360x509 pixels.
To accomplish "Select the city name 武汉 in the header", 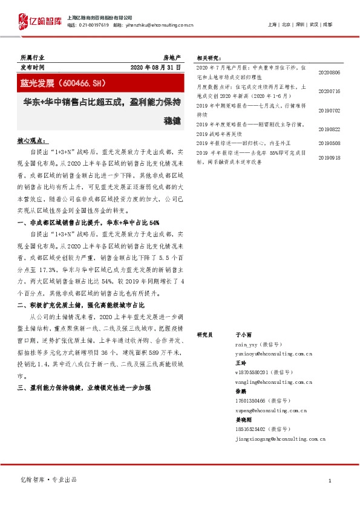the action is point(313,25).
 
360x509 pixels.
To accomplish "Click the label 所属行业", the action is point(32,57).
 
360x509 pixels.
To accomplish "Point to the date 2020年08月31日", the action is point(155,67).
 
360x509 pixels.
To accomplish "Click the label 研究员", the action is point(206,334).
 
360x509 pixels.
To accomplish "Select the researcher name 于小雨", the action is point(243,334).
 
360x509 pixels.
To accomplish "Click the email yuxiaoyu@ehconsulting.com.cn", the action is point(265,355).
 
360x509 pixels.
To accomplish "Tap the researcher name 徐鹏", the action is point(240,391).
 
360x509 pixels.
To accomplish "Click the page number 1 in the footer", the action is point(329,481).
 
